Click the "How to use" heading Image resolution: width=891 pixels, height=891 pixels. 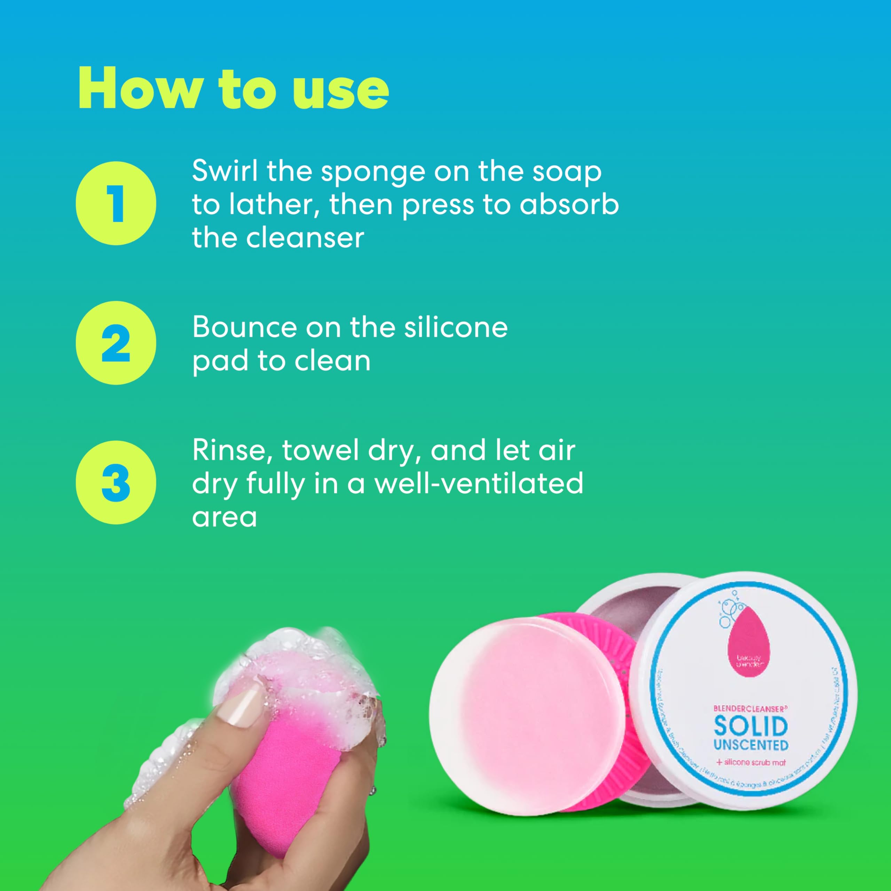click(233, 88)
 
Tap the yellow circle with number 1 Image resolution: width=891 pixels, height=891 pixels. click(116, 203)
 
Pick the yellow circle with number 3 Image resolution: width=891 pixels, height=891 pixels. click(116, 482)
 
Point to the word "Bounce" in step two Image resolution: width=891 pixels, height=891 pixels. click(244, 328)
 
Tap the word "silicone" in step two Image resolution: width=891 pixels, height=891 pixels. click(456, 328)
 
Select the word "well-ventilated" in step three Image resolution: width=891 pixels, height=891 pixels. click(478, 484)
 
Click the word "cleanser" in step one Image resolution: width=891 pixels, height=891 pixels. click(305, 238)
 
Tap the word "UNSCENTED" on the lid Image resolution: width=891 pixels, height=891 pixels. click(750, 745)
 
